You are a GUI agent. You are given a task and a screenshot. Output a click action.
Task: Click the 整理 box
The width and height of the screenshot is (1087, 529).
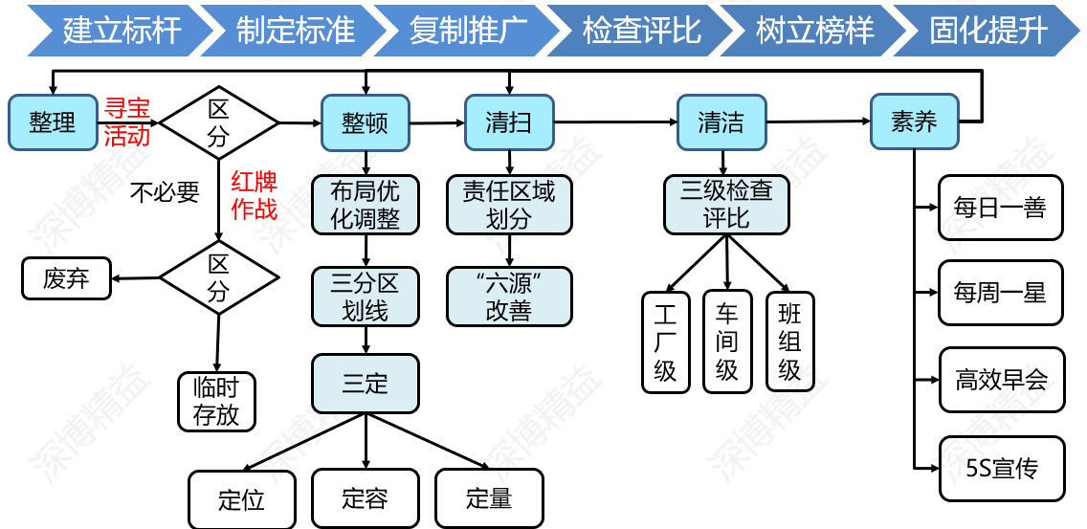(52, 122)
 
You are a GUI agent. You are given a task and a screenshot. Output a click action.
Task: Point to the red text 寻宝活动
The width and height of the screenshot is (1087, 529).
(127, 121)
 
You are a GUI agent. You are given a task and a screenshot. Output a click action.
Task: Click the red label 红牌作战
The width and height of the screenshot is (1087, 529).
(254, 195)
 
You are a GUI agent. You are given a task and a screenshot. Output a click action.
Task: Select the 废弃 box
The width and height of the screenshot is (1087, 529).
(66, 278)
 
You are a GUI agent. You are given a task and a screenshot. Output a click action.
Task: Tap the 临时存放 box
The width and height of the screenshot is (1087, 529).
(216, 401)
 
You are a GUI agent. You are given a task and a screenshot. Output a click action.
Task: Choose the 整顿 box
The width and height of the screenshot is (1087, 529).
(365, 122)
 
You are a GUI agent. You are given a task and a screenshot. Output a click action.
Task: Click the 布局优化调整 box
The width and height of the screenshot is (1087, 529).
(365, 204)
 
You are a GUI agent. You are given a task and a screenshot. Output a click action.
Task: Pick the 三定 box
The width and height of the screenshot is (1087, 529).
(365, 385)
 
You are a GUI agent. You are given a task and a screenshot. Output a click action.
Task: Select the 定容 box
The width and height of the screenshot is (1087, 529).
(365, 498)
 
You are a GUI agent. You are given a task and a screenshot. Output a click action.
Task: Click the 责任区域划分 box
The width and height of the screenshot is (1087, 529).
(509, 205)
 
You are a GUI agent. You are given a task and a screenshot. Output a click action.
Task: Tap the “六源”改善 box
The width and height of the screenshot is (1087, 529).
(509, 297)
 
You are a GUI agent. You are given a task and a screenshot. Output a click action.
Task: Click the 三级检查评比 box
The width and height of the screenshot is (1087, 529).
(726, 204)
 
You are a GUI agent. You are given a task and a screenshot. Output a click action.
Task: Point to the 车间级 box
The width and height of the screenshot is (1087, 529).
(727, 342)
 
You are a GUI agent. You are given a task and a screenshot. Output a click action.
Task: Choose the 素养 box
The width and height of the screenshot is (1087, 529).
(914, 121)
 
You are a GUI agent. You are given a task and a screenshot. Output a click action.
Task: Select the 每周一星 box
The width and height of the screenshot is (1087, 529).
(1000, 293)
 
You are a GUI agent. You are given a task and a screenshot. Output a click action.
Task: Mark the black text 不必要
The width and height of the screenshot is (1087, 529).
(165, 193)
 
